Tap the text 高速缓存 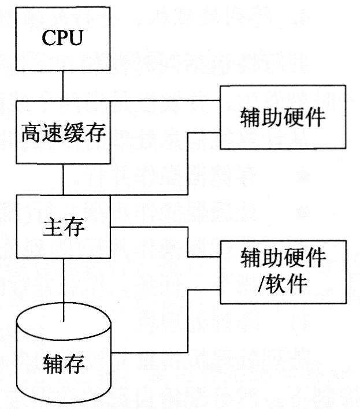tap(63, 133)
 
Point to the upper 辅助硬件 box tap(283, 117)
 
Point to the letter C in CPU tap(47, 39)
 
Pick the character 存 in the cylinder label tap(75, 364)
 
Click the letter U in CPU tap(77, 39)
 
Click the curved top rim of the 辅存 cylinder tap(63, 303)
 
